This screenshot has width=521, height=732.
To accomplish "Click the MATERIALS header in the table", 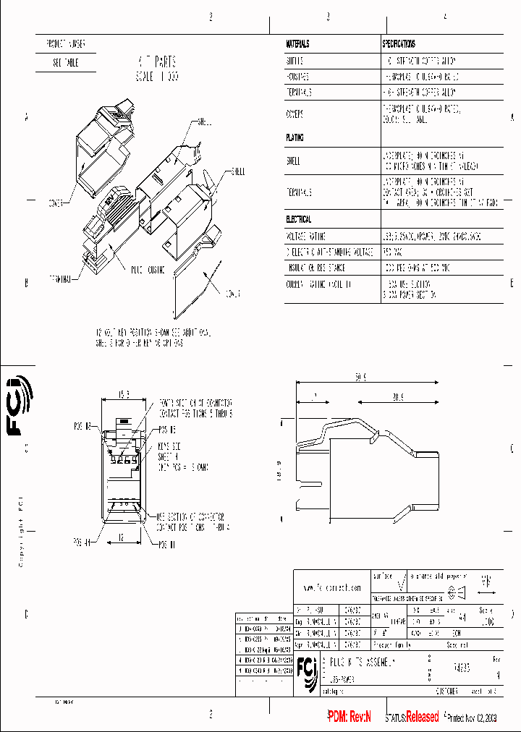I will coord(298,44).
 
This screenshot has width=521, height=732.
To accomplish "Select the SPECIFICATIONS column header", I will coord(399,44).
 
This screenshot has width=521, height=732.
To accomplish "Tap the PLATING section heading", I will coord(295,137).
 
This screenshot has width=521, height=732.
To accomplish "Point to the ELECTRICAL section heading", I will coord(299,218).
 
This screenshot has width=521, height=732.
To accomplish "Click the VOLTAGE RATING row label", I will coord(306,237).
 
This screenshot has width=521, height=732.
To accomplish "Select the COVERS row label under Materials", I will coord(295,114).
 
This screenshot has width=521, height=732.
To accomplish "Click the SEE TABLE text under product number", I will coord(65,63).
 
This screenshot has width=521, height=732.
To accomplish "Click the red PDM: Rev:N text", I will coord(349,717).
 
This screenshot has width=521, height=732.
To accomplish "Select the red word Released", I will coord(422,717).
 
